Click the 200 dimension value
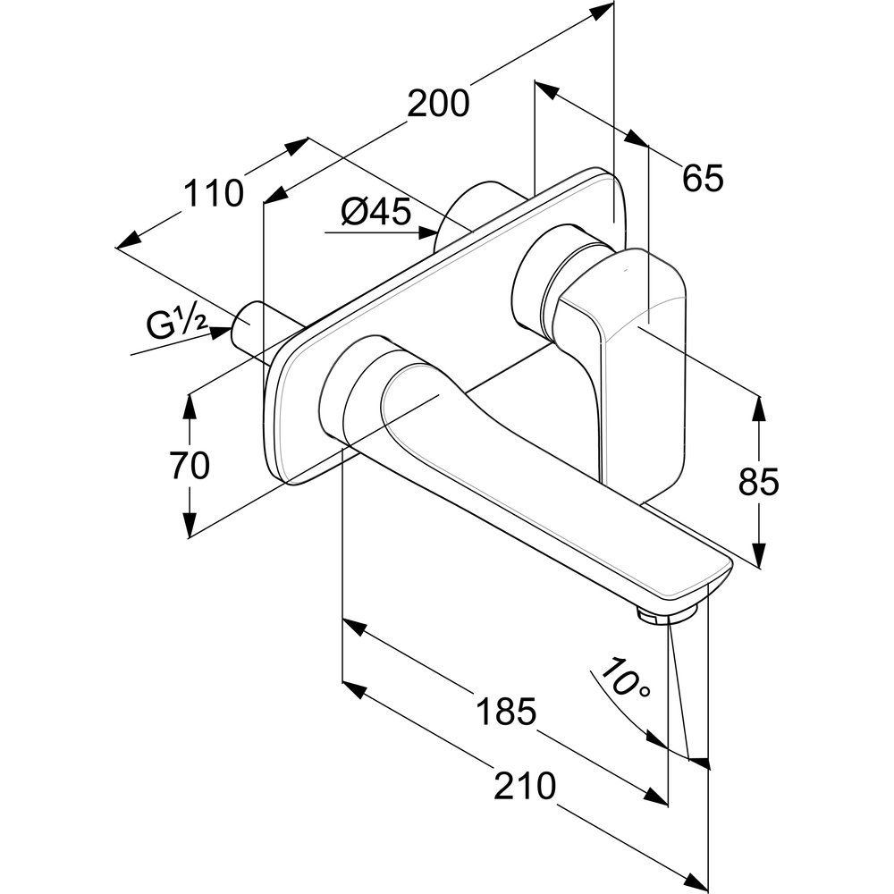coord(438,104)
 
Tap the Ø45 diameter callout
coord(375,212)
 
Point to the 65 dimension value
coord(702,179)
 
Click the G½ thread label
coord(176,325)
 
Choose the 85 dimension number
coord(759,482)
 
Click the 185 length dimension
coord(505,713)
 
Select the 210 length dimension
coord(526,786)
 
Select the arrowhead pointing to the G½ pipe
coord(218,332)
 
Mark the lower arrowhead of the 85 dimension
coord(759,554)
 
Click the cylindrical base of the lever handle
coord(536,282)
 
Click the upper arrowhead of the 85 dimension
coord(759,408)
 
